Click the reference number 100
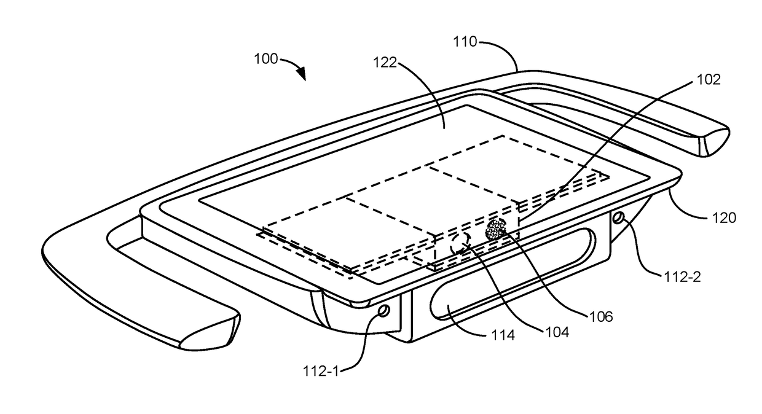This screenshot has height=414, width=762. pyautogui.click(x=265, y=60)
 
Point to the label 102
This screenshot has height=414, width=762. pyautogui.click(x=708, y=79)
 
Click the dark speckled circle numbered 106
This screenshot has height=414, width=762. pyautogui.click(x=496, y=229)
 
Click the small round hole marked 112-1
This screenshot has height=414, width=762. pyautogui.click(x=383, y=311)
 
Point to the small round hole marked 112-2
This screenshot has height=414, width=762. pyautogui.click(x=618, y=217)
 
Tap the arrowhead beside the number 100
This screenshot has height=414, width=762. pyautogui.click(x=302, y=74)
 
